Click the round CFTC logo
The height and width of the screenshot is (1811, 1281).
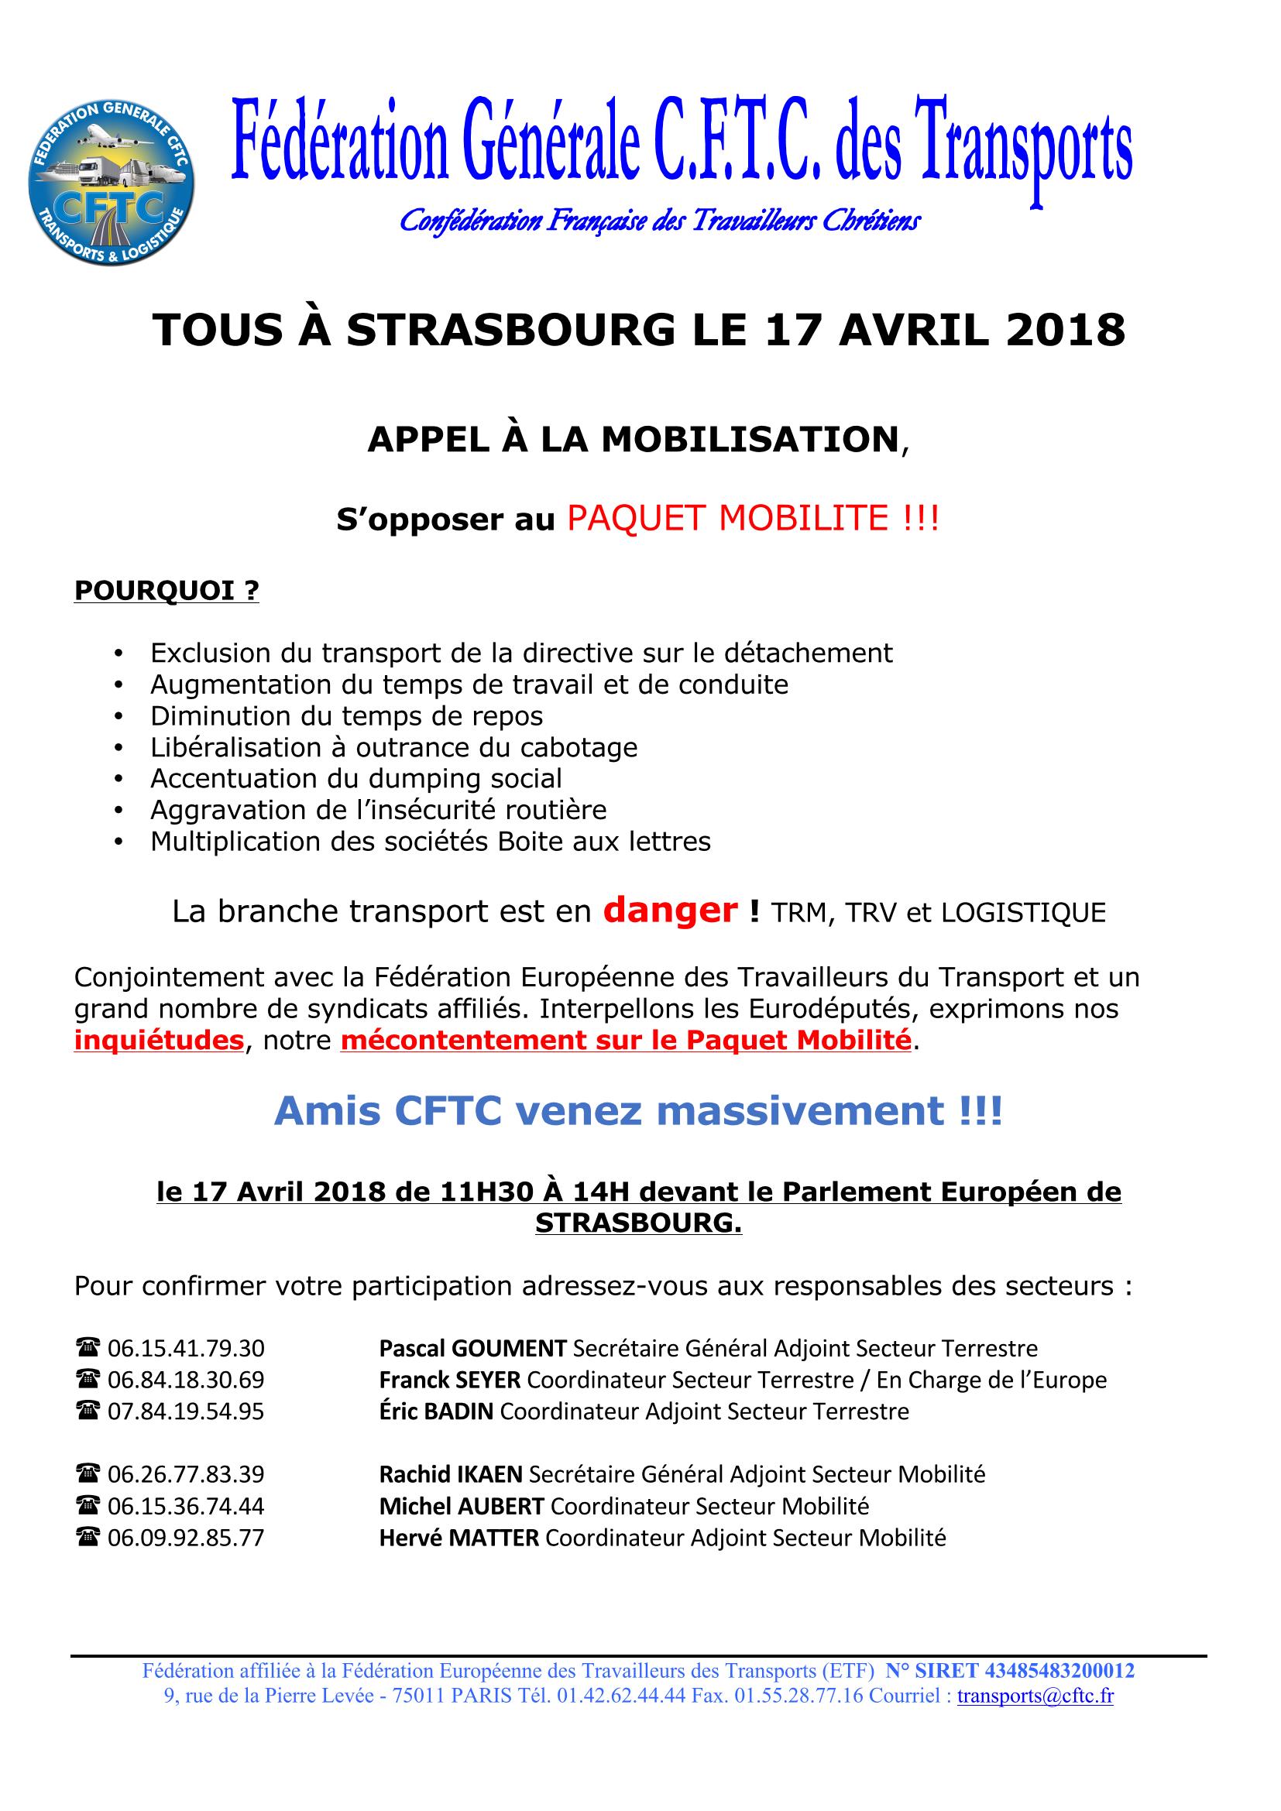click(x=112, y=182)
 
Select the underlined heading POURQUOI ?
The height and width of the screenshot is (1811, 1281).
click(x=167, y=591)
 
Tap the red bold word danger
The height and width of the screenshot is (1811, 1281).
click(x=670, y=911)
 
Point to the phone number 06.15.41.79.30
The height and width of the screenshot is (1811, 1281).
click(x=186, y=1348)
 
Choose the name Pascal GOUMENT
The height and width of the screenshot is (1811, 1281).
click(x=472, y=1348)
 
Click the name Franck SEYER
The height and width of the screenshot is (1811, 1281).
click(x=450, y=1380)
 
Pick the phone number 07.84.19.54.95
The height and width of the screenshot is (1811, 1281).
click(x=186, y=1411)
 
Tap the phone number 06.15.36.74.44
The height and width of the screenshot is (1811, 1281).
click(x=186, y=1506)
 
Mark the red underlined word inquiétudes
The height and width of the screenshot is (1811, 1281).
click(x=159, y=1041)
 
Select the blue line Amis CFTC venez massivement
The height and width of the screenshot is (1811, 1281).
click(x=638, y=1111)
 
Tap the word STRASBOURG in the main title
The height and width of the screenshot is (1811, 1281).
click(x=510, y=330)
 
